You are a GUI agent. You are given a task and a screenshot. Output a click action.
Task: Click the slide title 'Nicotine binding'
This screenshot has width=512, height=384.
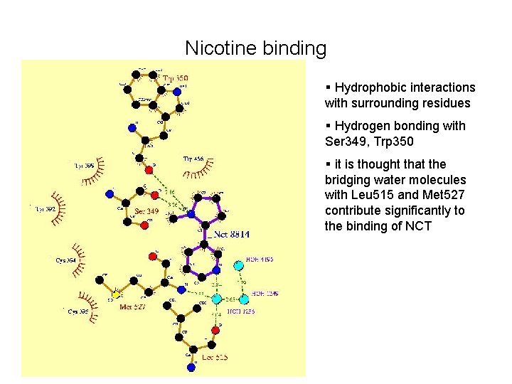point(255,48)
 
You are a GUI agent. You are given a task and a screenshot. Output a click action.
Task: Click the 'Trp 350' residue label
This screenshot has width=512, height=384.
point(176,78)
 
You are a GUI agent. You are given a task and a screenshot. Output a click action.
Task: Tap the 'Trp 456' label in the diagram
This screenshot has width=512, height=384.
point(193,158)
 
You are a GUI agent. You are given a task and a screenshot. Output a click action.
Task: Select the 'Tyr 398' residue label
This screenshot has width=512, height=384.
point(84,166)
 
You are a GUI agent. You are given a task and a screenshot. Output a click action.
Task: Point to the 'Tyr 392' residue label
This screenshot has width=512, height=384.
point(46,209)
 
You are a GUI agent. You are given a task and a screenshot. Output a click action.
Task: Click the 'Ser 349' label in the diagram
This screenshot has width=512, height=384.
point(146,211)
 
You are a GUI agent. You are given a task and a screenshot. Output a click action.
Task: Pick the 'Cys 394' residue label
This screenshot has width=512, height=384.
point(66,260)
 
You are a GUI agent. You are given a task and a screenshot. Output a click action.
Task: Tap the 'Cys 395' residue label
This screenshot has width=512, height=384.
point(78,311)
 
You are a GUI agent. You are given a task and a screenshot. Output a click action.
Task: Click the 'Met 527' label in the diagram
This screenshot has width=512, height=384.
point(133,307)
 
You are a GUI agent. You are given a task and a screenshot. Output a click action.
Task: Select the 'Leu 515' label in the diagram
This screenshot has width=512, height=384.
point(215,357)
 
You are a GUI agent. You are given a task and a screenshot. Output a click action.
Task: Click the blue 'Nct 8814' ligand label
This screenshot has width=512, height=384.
point(228,234)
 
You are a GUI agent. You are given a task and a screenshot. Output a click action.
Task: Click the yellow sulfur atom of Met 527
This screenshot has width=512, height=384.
point(116,294)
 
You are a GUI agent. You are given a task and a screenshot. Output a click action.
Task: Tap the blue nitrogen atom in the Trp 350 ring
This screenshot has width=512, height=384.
point(177,91)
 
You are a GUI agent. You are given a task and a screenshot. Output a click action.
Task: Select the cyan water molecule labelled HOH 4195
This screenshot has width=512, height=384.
point(238,265)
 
